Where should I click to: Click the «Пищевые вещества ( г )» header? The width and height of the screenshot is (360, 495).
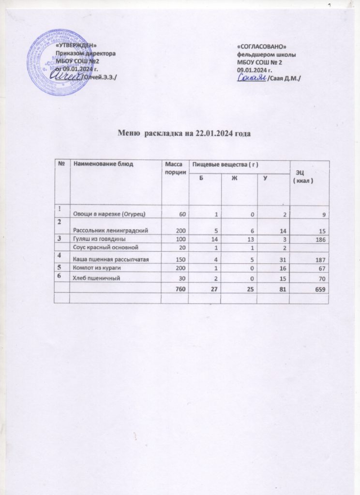(223, 165)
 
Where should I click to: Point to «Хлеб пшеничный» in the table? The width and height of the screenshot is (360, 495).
(96, 279)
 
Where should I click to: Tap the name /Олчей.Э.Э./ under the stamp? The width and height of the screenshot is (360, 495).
(99, 77)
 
